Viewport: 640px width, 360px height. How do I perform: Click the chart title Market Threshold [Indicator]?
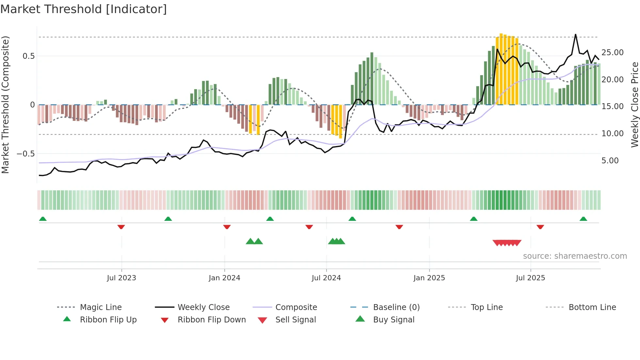pyautogui.click(x=84, y=9)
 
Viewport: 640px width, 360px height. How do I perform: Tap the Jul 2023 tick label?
pyautogui.click(x=121, y=278)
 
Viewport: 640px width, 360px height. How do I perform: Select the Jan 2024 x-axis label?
pyautogui.click(x=224, y=278)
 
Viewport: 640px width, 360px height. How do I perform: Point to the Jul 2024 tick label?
pyautogui.click(x=326, y=278)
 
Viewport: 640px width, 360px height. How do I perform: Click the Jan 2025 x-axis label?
pyautogui.click(x=429, y=278)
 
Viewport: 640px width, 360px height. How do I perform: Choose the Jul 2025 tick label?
pyautogui.click(x=531, y=278)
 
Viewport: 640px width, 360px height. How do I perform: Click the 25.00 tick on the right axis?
pyautogui.click(x=612, y=53)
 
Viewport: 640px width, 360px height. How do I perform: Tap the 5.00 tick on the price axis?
pyautogui.click(x=610, y=161)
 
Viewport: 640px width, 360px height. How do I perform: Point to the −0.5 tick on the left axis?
pyautogui.click(x=26, y=154)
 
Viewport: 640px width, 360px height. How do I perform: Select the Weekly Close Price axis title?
pyautogui.click(x=634, y=105)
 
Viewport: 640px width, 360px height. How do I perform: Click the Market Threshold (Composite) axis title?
pyautogui.click(x=5, y=105)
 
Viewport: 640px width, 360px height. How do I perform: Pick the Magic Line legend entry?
pyautogui.click(x=101, y=307)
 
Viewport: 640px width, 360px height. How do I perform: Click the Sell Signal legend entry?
pyautogui.click(x=296, y=320)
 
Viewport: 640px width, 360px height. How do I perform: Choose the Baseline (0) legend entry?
pyautogui.click(x=396, y=307)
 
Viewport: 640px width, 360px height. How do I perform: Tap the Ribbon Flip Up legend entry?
pyautogui.click(x=108, y=320)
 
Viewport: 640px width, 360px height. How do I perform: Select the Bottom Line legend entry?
pyautogui.click(x=592, y=307)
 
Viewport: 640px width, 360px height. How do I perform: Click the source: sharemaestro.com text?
pyautogui.click(x=575, y=256)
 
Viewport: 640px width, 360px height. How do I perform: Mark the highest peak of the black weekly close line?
pyautogui.click(x=575, y=35)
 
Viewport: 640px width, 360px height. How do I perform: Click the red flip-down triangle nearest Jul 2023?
pyautogui.click(x=121, y=227)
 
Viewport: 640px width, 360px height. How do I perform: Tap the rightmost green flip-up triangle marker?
pyautogui.click(x=583, y=219)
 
